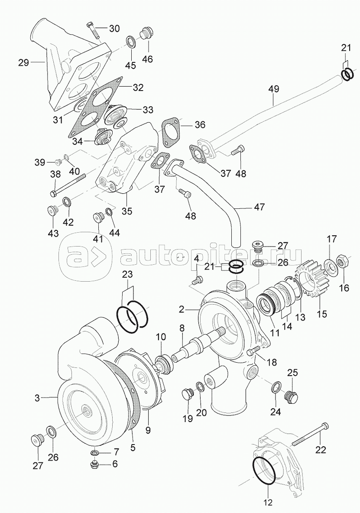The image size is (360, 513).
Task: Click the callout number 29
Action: click(23, 63)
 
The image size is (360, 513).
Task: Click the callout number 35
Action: click(126, 212)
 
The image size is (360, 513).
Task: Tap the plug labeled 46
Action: click(145, 34)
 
